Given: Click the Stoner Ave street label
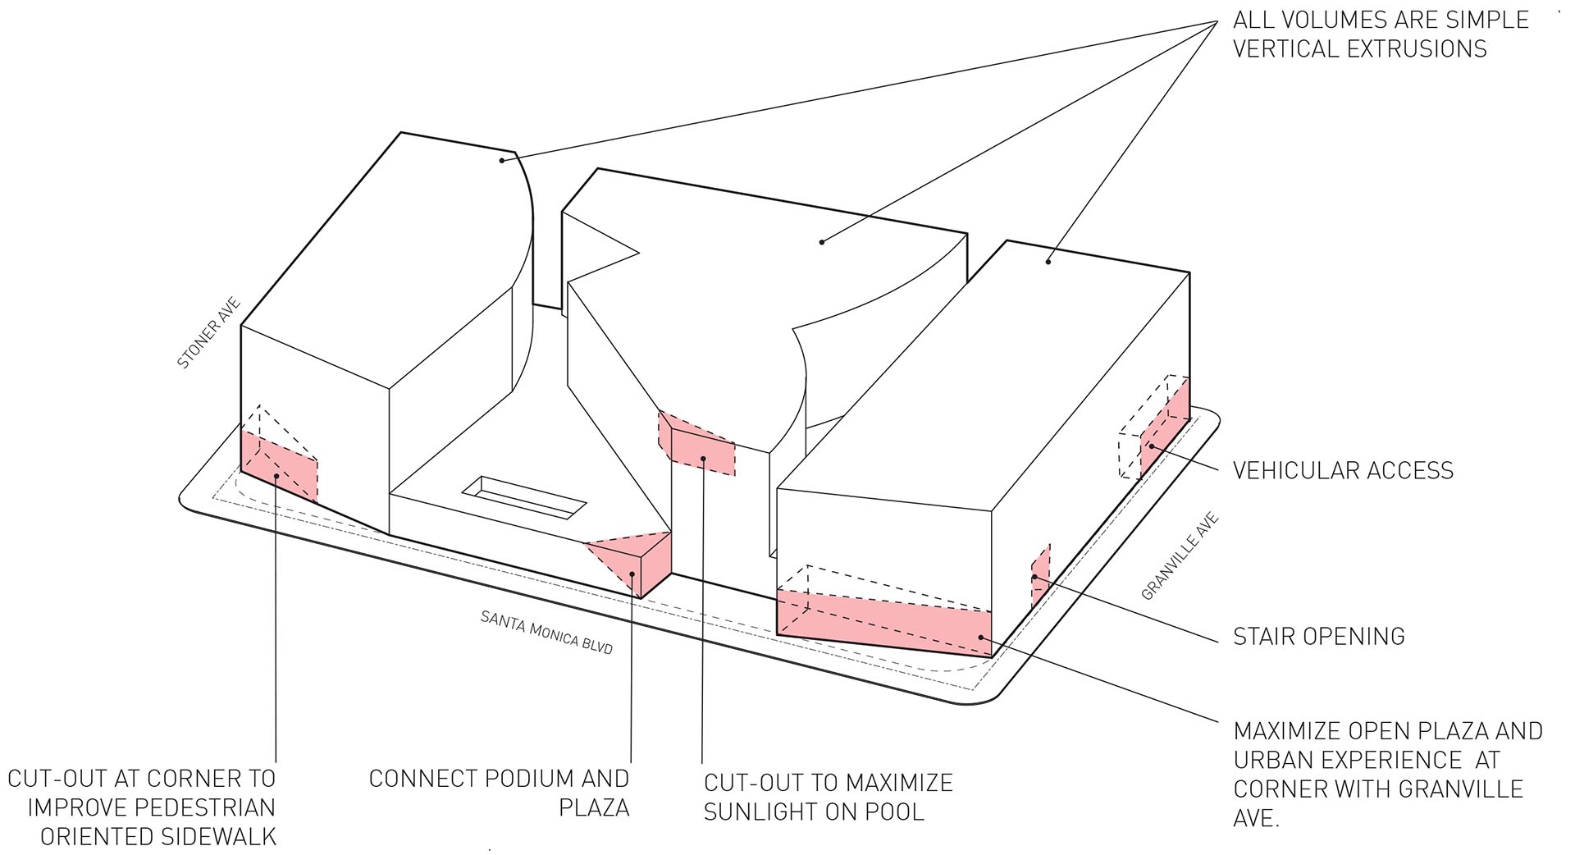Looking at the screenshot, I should (210, 333).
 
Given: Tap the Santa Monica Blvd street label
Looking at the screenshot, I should (547, 632).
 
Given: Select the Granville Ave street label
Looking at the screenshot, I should (1180, 556).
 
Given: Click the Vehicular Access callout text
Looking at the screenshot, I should (1343, 470).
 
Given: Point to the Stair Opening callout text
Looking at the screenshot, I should (1319, 636).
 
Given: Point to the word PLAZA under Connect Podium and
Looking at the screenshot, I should (594, 807).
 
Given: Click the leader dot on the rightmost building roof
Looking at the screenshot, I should (1048, 262).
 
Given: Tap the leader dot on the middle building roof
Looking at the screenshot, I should (822, 241).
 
